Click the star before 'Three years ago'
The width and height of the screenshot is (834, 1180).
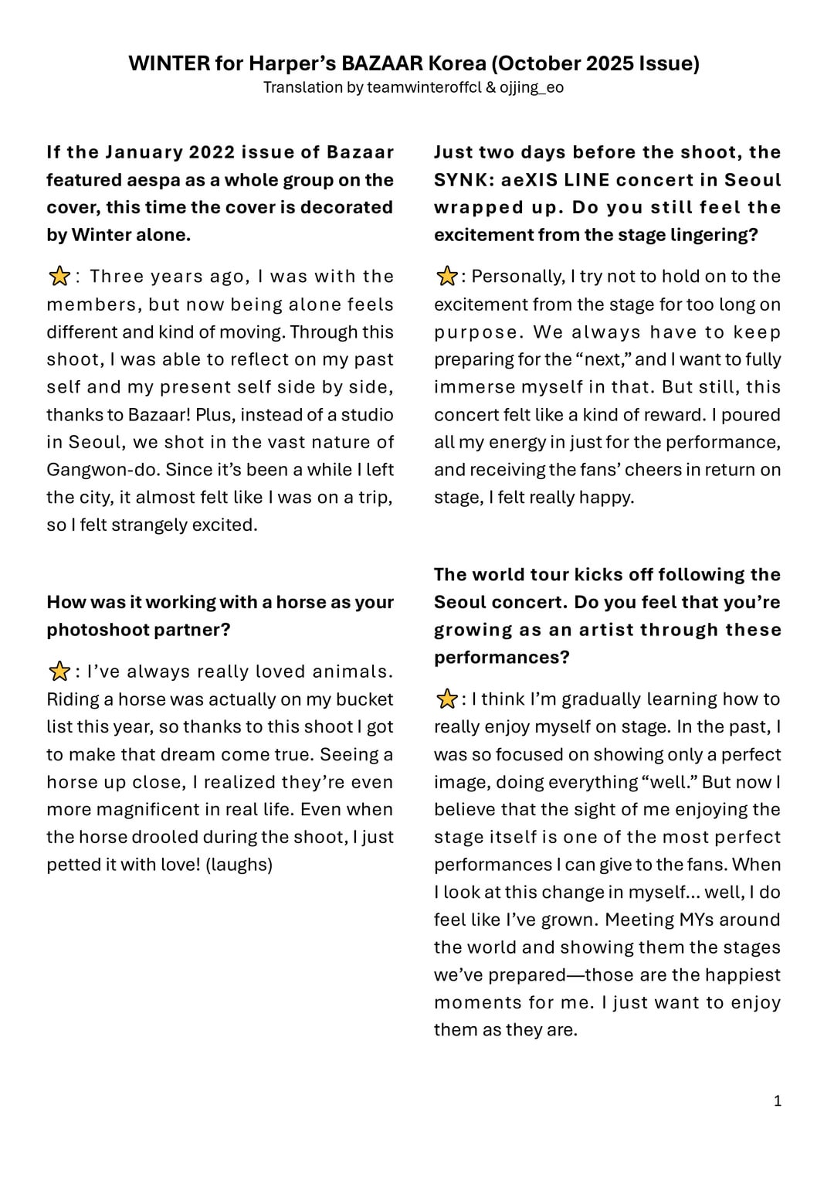tap(59, 277)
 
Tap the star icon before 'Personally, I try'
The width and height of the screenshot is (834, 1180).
tap(446, 277)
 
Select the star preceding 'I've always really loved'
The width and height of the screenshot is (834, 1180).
tap(59, 672)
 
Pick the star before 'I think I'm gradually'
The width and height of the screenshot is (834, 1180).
tap(446, 699)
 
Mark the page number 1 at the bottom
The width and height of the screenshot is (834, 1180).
tap(778, 1100)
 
